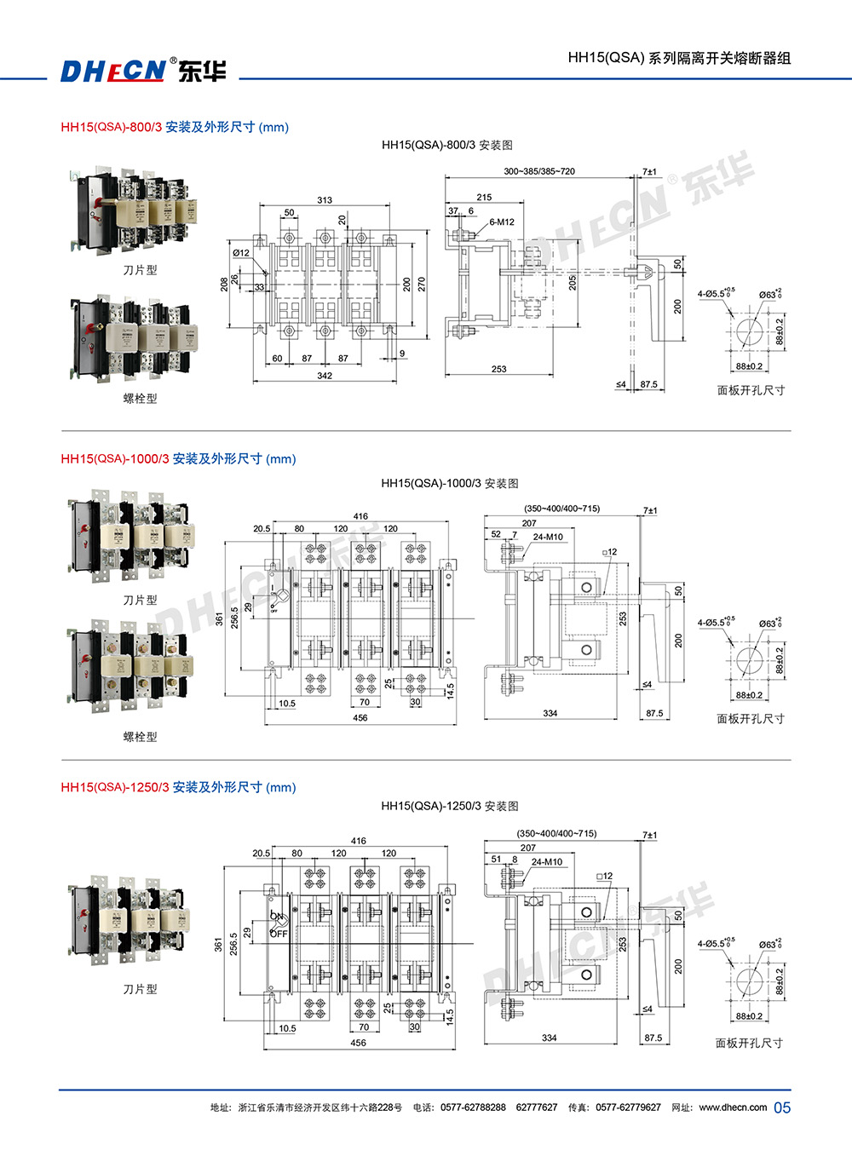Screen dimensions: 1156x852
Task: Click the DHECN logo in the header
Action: coord(143,70)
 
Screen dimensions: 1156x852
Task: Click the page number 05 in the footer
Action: coord(782,1107)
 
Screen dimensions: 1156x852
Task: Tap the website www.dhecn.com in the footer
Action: coord(733,1107)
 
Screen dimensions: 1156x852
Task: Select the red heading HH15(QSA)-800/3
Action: coord(111,127)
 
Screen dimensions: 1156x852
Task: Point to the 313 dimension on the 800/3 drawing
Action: coord(325,200)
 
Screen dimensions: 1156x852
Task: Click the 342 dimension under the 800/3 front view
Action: coord(325,376)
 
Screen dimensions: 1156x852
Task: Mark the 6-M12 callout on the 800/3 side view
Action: coord(502,222)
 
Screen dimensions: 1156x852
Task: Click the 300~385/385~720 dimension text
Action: coord(539,171)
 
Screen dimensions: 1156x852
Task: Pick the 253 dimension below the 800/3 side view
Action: coord(499,369)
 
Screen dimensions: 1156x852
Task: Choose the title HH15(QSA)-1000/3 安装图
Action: coord(450,483)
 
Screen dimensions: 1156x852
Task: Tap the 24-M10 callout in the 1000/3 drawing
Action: coord(548,537)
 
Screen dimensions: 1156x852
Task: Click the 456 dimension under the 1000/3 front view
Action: coord(360,718)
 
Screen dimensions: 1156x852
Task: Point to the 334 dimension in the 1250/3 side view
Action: coord(550,1038)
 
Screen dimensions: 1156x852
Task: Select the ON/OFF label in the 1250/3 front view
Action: coord(278,925)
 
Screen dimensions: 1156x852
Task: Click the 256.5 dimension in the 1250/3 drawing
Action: coord(233,943)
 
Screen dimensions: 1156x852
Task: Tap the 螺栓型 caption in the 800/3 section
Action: coord(141,398)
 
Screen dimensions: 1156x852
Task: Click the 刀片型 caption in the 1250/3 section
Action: coord(141,989)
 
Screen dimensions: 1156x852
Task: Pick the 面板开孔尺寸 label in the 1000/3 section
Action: coord(751,718)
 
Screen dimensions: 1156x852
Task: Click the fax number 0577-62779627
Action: coord(628,1107)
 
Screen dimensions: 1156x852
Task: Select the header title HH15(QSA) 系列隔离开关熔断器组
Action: coord(679,58)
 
